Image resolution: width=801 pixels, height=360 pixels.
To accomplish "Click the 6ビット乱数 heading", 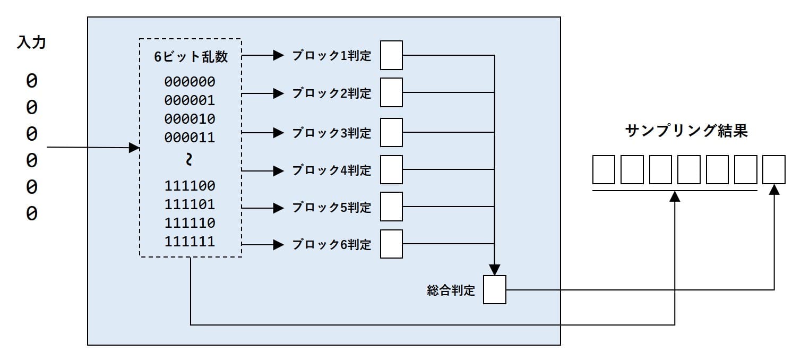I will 191,57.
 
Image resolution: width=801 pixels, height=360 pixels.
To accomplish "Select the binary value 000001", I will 190,100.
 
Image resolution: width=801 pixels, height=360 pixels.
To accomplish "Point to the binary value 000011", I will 190,138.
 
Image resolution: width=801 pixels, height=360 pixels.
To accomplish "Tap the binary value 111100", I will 190,186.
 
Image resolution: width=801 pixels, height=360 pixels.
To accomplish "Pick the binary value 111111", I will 190,242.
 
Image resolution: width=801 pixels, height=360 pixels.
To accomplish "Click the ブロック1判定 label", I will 331,56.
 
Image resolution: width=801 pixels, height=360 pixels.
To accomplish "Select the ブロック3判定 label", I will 331,133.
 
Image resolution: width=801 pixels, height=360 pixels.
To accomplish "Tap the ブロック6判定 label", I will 331,245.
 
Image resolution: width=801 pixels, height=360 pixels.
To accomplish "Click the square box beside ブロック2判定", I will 392,92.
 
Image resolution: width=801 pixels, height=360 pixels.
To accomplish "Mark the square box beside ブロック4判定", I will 392,169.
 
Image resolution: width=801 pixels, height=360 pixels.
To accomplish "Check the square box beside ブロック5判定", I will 392,207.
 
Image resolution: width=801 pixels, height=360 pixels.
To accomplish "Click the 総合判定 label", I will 451,290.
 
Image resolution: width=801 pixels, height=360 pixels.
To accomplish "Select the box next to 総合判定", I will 495,290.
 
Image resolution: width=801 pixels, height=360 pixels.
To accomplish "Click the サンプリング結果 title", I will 686,131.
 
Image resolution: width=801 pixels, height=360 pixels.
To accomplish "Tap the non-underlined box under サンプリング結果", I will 773,169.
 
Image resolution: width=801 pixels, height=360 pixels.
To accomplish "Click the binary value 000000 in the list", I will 190,82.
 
